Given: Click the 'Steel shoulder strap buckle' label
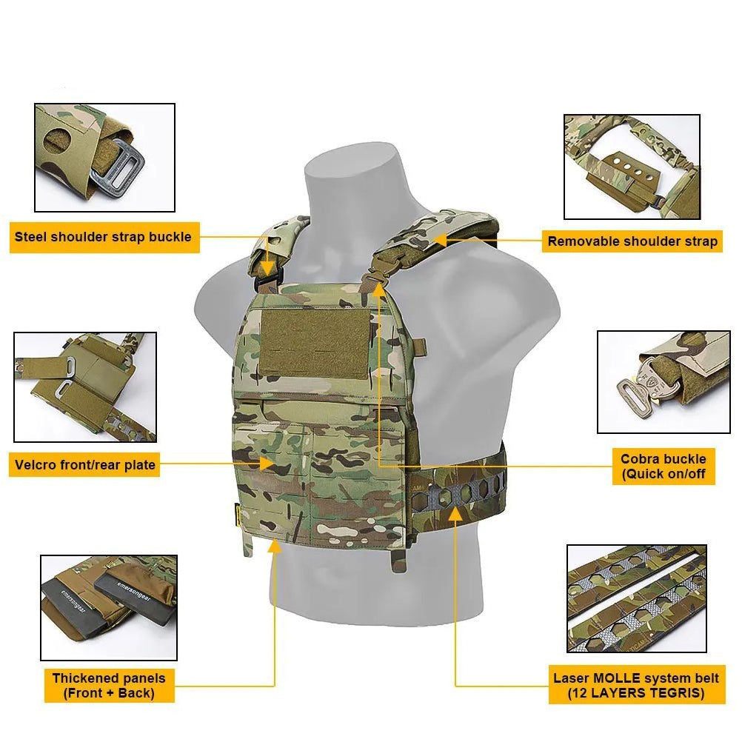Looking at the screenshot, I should click(x=103, y=238).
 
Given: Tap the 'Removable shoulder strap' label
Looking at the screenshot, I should click(x=632, y=241).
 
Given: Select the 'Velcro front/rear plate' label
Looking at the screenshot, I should click(x=84, y=465).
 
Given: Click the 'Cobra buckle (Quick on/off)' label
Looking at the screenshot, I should click(x=663, y=467).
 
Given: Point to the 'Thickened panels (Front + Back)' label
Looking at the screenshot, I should click(x=109, y=686).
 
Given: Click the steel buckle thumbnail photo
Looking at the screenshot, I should click(x=104, y=157).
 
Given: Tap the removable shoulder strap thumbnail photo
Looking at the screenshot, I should click(x=632, y=167).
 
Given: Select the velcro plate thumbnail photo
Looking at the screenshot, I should click(x=85, y=387).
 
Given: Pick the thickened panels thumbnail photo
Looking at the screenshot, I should click(x=109, y=607).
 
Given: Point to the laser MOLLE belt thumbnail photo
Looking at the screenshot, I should click(x=636, y=598).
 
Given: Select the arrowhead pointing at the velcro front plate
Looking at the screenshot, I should click(x=267, y=464).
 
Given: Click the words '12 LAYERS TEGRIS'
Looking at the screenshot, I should click(x=636, y=694).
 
